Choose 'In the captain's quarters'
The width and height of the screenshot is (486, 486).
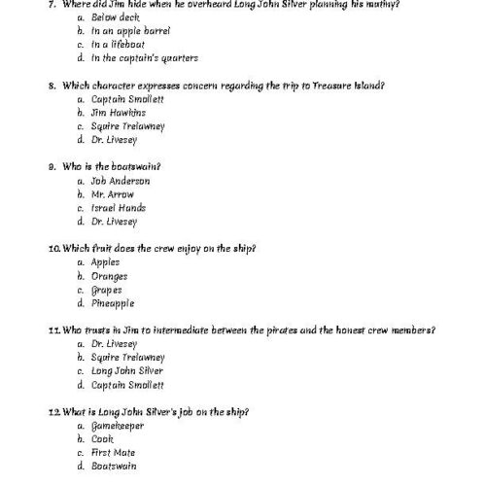pyautogui.click(x=145, y=58)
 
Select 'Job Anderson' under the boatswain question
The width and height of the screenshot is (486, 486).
pyautogui.click(x=121, y=181)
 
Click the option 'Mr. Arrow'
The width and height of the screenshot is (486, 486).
pyautogui.click(x=113, y=194)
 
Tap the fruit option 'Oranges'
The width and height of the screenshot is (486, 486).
pyautogui.click(x=109, y=276)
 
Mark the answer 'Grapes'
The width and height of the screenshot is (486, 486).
pyautogui.click(x=106, y=290)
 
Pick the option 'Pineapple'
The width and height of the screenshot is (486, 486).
pyautogui.click(x=113, y=303)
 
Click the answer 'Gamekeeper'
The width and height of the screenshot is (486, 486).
pyautogui.click(x=119, y=425)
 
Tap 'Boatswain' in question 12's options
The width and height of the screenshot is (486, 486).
pyautogui.click(x=116, y=466)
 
